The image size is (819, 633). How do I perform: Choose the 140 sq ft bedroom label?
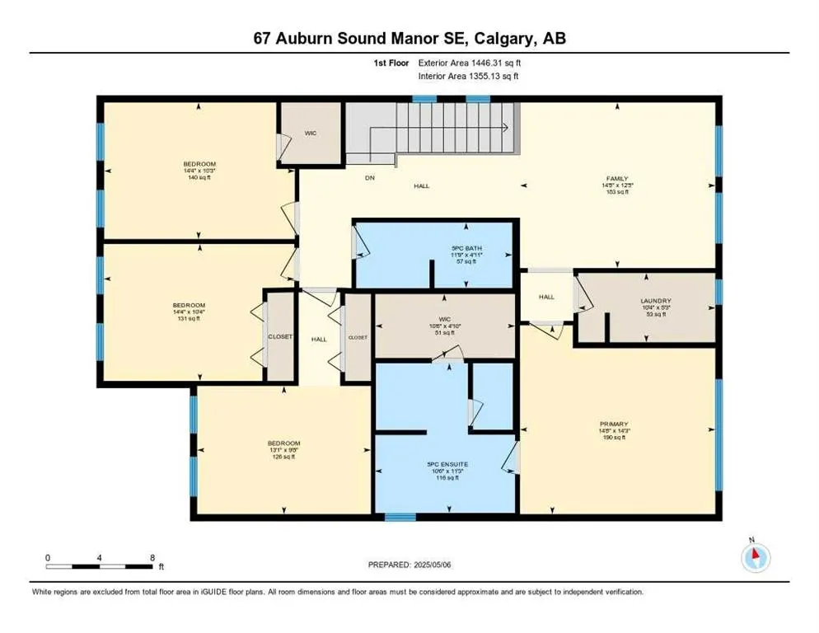pos(194,171)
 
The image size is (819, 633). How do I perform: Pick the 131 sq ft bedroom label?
pos(194,312)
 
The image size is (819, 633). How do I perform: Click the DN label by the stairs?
pos(371,176)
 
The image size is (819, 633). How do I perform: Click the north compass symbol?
pos(755,557)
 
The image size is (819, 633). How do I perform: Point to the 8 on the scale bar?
pos(152,557)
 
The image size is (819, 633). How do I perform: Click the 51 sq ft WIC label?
pos(446,326)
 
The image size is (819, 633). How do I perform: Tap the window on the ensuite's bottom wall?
pos(400,518)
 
